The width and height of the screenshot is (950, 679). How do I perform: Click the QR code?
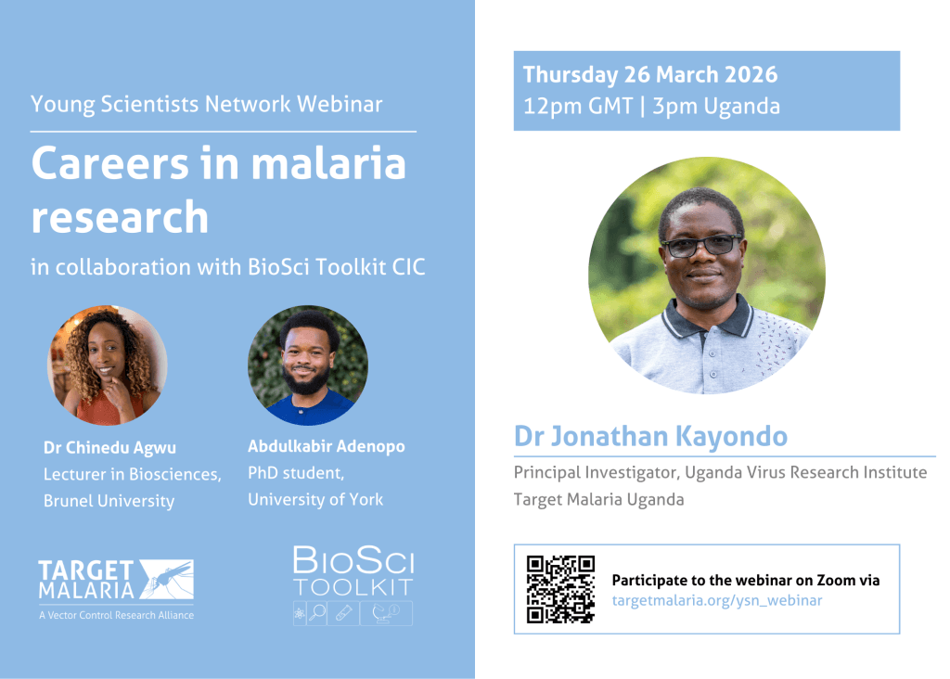[560, 589]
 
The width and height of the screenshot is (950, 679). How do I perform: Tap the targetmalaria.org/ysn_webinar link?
[716, 600]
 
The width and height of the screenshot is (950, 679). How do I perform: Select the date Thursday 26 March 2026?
[649, 75]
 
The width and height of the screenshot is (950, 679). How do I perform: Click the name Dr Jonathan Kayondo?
[652, 436]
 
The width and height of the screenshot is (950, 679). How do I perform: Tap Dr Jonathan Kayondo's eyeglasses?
[701, 246]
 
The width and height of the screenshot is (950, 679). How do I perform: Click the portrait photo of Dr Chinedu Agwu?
[108, 365]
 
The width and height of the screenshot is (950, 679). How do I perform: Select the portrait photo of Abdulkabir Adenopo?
[307, 365]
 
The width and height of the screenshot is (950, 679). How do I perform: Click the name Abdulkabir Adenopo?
[326, 447]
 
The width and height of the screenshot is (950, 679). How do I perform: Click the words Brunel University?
[109, 501]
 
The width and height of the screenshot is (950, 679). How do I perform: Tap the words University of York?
[315, 500]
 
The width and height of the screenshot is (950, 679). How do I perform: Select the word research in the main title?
[120, 215]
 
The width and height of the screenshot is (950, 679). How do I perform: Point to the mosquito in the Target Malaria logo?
[166, 578]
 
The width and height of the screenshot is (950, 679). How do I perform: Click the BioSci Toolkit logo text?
[353, 572]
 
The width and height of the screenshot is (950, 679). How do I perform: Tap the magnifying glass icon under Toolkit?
[316, 612]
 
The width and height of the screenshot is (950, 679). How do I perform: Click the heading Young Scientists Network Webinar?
[206, 104]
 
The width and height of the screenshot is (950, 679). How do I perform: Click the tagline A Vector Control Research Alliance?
[116, 615]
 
